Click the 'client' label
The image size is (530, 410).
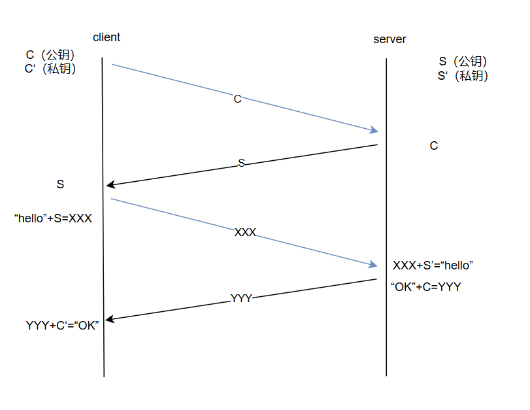107,37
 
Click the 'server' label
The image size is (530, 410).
389,39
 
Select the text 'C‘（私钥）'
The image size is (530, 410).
50,69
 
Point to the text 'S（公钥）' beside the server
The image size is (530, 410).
463,61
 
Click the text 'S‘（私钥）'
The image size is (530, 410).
463,76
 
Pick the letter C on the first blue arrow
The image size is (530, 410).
237,99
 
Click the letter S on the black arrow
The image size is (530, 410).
241,163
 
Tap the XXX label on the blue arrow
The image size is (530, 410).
245,232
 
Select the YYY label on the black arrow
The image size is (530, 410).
241,298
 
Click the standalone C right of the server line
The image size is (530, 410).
434,146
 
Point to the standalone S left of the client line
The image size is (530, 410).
60,184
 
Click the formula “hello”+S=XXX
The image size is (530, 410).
53,218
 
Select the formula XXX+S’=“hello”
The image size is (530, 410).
433,265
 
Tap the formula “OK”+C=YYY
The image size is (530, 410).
425,286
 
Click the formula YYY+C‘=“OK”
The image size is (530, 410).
62,325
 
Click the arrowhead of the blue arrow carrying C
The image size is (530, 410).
374,129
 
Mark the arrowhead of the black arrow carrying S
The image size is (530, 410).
110,186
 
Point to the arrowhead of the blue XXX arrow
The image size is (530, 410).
374,265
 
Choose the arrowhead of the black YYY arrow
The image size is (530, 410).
110,319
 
